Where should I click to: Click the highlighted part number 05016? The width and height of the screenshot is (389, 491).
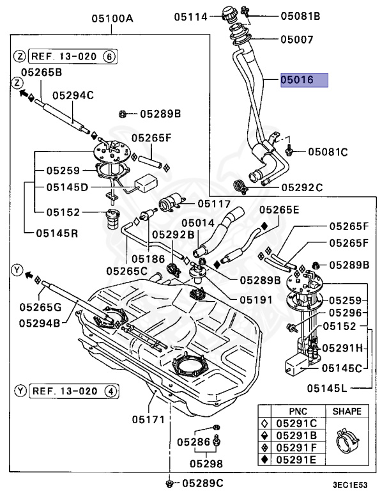(303, 81)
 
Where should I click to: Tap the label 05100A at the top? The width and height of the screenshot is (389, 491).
(111, 19)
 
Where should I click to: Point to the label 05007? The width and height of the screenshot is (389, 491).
(298, 40)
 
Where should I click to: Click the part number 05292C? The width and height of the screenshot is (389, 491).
(302, 187)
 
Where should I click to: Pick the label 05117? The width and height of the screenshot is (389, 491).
(213, 203)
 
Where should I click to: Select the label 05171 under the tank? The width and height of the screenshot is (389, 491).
(149, 420)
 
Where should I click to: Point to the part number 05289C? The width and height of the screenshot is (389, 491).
(202, 483)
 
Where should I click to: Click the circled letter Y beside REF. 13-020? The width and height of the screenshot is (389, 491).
(19, 390)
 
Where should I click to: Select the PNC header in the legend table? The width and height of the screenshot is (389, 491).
(298, 412)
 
